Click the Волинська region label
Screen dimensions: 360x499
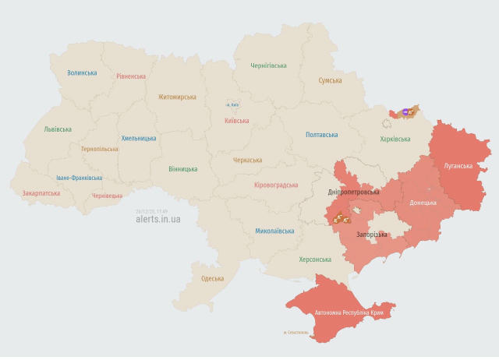coord(82,72)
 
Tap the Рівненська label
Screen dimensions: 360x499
coord(131,76)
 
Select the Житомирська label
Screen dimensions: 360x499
coord(177,97)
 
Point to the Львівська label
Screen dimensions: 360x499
coord(58,129)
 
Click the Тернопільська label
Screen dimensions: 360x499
coord(99,149)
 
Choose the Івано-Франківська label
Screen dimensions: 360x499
coord(79,178)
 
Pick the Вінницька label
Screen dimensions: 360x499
coord(183,168)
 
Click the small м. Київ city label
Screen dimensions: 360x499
coord(232,104)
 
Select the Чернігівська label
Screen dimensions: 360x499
coord(268,66)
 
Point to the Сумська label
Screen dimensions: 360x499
coord(331,80)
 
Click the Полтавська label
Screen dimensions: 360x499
coord(322,135)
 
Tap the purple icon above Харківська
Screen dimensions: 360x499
coord(405,112)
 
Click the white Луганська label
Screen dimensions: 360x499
coord(458,166)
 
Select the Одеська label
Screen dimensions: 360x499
coord(212,278)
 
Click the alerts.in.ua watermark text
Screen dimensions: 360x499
coord(157,219)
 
